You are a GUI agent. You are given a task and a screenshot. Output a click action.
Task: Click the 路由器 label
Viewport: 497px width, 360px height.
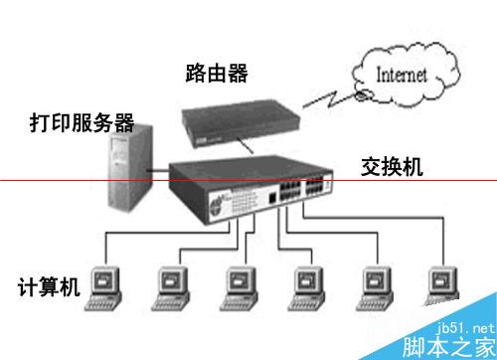click(216, 73)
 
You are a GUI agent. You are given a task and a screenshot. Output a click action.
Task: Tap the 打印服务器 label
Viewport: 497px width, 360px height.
click(81, 123)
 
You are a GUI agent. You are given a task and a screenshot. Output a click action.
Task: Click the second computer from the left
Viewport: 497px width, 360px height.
click(170, 286)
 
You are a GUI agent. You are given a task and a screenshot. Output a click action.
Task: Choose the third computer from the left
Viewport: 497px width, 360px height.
click(239, 286)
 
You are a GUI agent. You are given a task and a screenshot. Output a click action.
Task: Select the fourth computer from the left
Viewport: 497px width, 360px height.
click(304, 286)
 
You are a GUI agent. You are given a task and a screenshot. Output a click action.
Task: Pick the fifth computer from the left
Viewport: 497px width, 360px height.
click(373, 286)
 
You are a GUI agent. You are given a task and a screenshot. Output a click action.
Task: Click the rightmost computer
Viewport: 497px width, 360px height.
click(440, 286)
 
